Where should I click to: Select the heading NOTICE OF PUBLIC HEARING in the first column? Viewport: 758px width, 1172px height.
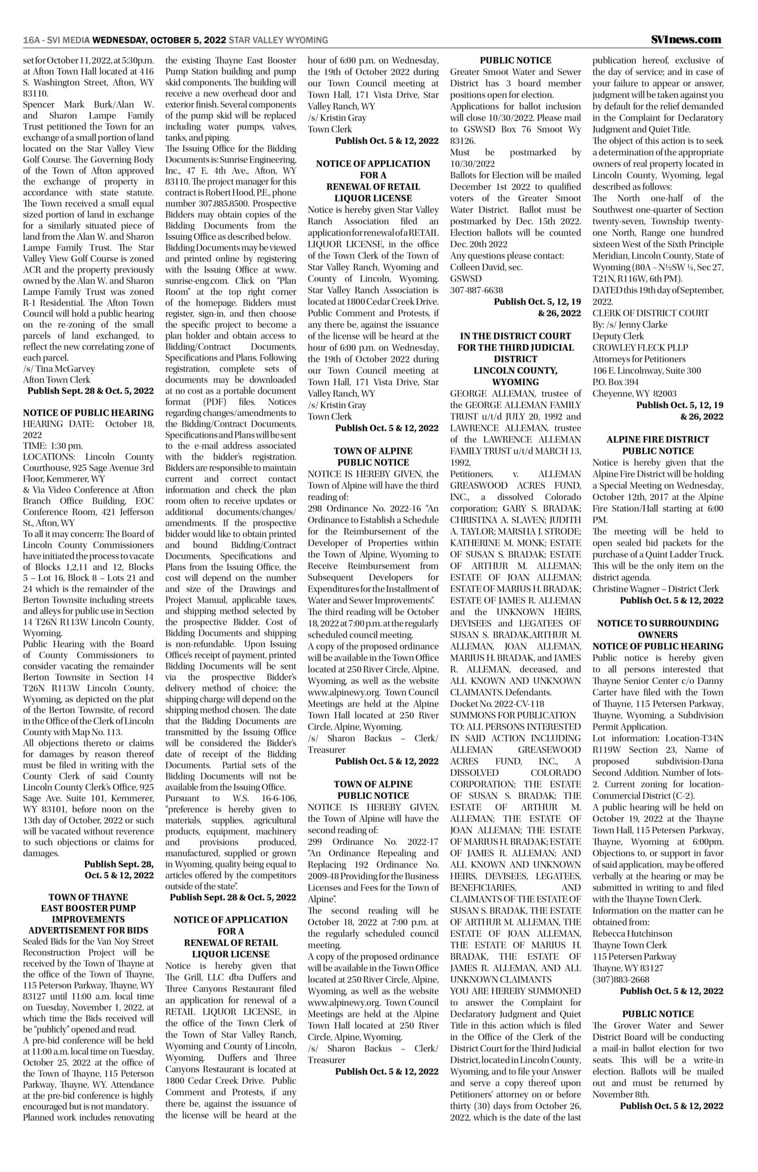pos(88,413)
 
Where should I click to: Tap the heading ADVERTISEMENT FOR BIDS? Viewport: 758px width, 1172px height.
pos(88,929)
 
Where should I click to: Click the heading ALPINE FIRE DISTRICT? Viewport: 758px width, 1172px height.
pos(657,439)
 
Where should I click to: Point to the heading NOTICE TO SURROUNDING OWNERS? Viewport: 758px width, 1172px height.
pos(657,629)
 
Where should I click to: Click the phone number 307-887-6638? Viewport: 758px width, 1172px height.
pos(477,290)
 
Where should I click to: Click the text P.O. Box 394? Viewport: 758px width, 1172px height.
pos(616,382)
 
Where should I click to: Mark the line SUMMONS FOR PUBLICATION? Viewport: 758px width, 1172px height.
pos(513,715)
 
